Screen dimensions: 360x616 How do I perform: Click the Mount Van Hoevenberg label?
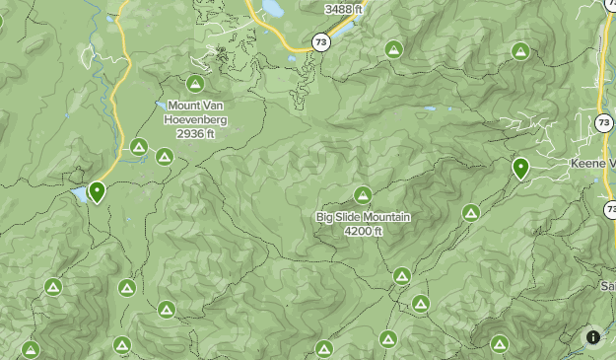[196, 112]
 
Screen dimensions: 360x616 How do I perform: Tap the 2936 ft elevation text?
[196, 133]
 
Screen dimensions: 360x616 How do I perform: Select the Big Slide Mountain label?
[364, 217]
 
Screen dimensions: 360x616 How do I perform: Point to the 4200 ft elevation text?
[364, 231]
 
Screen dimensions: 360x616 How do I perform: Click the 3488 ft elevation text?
[343, 9]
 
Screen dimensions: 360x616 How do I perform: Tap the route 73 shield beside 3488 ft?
[321, 41]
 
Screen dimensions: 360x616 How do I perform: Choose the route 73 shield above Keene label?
[603, 121]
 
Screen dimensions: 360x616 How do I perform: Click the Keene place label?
[592, 163]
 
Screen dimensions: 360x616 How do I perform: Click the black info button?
[593, 337]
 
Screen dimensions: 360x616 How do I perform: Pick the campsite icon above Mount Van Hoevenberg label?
[195, 85]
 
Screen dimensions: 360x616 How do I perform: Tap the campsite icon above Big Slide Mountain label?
[363, 195]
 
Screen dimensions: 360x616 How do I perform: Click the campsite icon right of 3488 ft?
[393, 48]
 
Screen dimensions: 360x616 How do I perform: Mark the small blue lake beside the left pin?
[78, 194]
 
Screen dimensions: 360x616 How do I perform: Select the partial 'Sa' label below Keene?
[607, 286]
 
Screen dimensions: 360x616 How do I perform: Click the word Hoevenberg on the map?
[196, 119]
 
